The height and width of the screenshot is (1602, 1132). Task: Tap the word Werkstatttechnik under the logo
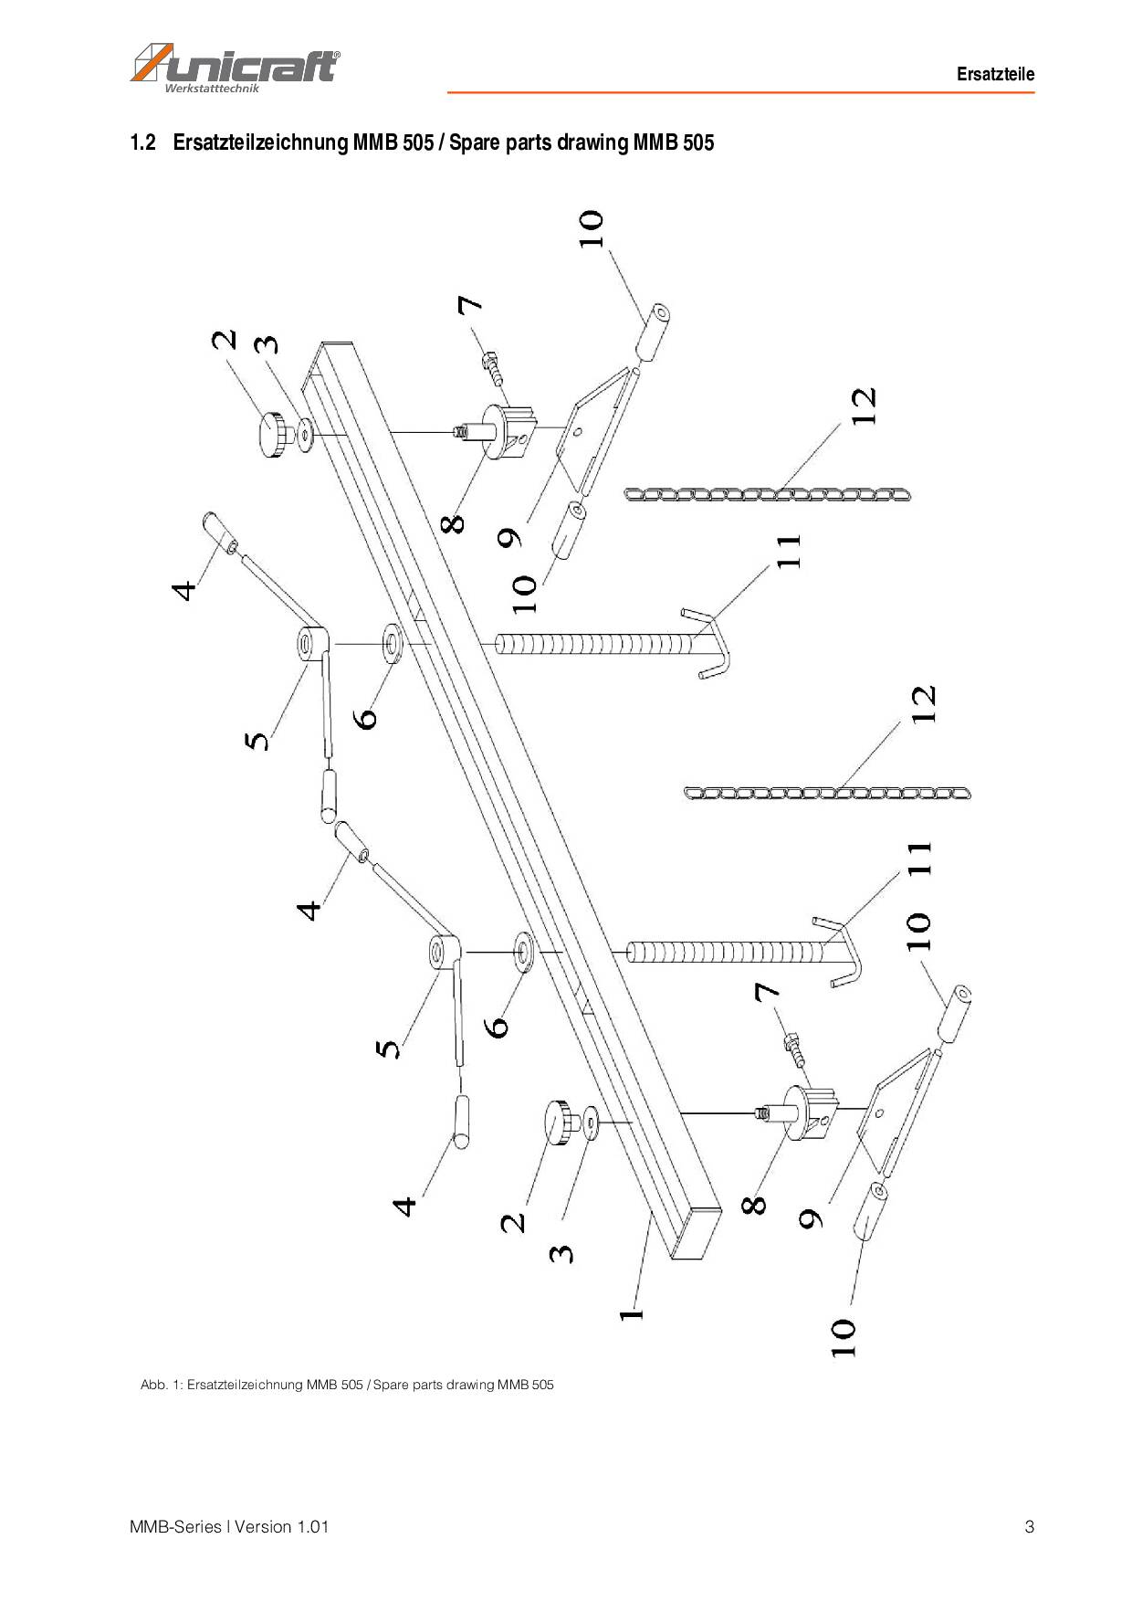click(212, 89)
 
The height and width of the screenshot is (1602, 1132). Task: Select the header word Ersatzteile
click(995, 74)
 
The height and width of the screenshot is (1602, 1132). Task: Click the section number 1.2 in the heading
click(143, 142)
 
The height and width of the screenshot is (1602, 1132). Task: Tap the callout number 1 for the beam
click(631, 1314)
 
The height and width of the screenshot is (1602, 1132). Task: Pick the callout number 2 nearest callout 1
click(513, 1221)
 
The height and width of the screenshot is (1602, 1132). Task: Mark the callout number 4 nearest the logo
click(184, 590)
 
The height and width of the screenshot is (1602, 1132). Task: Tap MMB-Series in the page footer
click(175, 1526)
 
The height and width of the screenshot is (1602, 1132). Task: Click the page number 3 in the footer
click(1029, 1526)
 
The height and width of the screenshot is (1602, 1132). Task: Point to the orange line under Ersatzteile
click(739, 92)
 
